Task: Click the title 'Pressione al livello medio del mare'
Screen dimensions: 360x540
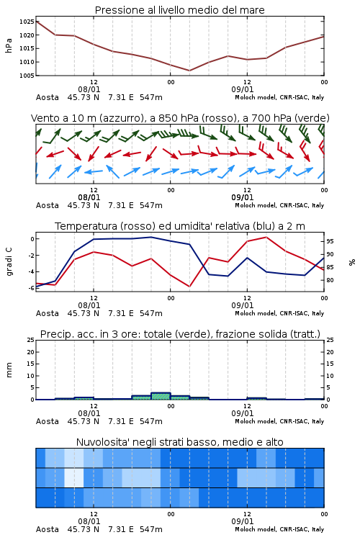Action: tap(179, 10)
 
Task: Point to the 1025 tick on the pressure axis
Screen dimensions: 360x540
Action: tap(27, 22)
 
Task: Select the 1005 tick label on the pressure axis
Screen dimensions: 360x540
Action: tap(27, 76)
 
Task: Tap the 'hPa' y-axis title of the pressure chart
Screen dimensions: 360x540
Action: tap(9, 45)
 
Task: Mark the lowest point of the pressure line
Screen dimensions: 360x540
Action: tap(189, 71)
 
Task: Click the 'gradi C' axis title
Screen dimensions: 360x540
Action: tap(9, 261)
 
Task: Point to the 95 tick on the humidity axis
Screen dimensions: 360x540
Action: tap(330, 241)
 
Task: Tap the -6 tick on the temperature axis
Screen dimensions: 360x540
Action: tap(31, 288)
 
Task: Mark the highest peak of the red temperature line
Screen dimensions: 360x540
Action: tap(266, 237)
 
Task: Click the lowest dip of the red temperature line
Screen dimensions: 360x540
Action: tap(189, 287)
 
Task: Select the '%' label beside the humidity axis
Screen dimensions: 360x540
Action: tap(352, 262)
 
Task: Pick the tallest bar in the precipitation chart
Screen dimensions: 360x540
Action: tap(161, 396)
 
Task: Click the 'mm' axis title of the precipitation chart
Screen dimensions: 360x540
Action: tap(9, 370)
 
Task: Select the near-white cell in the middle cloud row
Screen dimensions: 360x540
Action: tap(74, 477)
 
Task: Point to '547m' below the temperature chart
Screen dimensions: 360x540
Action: tap(151, 313)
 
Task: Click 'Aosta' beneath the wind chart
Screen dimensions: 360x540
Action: tap(48, 205)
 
